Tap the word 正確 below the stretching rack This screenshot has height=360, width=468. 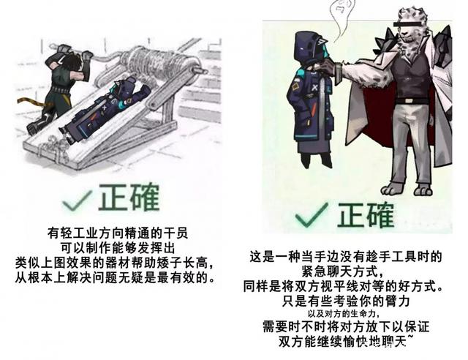129,197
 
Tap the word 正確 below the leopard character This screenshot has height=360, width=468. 366,214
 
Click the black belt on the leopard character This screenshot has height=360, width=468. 410,101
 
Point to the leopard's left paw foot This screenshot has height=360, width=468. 392,189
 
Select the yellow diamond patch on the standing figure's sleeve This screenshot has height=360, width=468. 295,87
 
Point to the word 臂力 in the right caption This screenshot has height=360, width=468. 396,301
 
